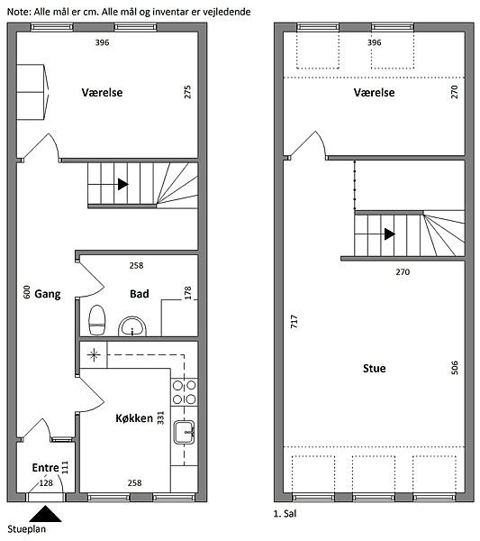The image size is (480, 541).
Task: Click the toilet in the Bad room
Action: point(97,320)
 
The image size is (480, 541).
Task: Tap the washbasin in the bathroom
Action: point(132,326)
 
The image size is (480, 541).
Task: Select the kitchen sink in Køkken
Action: point(185,432)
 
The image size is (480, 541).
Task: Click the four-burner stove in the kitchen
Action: point(185,392)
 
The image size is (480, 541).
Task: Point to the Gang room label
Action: point(48,294)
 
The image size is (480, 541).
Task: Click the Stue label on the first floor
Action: point(375,369)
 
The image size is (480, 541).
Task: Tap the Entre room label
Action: point(46,468)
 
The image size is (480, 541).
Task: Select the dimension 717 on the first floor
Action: point(294,321)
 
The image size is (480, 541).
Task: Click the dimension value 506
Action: point(455,368)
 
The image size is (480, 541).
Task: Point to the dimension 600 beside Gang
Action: point(26,292)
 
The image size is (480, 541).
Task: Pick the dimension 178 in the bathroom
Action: point(187,293)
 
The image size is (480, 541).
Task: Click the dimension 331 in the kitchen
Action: point(160,417)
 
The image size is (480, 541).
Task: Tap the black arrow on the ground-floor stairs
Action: point(123,184)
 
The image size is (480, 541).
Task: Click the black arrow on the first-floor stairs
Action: point(390,234)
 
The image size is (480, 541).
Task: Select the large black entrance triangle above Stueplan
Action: point(45,514)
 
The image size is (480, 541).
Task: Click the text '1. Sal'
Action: point(285,514)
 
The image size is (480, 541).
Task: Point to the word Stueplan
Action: point(26,529)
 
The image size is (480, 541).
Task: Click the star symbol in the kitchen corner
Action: point(94,355)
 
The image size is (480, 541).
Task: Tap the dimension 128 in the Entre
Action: point(46,483)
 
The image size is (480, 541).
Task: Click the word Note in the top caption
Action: point(19,12)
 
